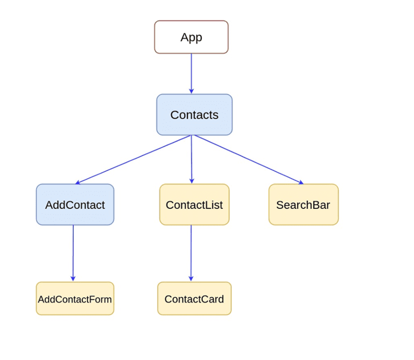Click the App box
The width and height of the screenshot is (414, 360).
coord(191,37)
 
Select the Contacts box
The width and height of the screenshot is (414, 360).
coord(194,115)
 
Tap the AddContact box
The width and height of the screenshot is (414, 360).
coord(75,205)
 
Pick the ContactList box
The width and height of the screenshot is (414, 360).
coord(194,205)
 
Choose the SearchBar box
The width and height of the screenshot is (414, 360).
coord(303,205)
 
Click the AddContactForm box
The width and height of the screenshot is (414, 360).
coord(75,299)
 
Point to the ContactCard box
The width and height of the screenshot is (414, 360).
coord(194,299)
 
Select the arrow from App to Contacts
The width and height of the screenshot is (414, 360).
coord(191,73)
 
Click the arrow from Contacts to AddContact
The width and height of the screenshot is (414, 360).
coord(134,159)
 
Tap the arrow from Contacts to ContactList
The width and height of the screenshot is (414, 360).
coord(191,159)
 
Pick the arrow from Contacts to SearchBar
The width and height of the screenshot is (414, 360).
coord(248,159)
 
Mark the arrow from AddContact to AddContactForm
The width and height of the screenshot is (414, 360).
coord(73,253)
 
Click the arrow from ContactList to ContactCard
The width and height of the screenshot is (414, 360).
coord(191,253)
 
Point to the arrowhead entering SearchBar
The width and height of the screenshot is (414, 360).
coord(301,183)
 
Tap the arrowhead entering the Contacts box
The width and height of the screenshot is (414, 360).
coord(191,91)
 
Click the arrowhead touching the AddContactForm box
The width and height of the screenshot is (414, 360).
coord(73,279)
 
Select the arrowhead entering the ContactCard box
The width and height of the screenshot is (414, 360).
coord(191,279)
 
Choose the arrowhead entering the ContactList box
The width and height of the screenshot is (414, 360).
coord(192,181)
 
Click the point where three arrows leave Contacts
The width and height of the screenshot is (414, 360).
coord(191,136)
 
